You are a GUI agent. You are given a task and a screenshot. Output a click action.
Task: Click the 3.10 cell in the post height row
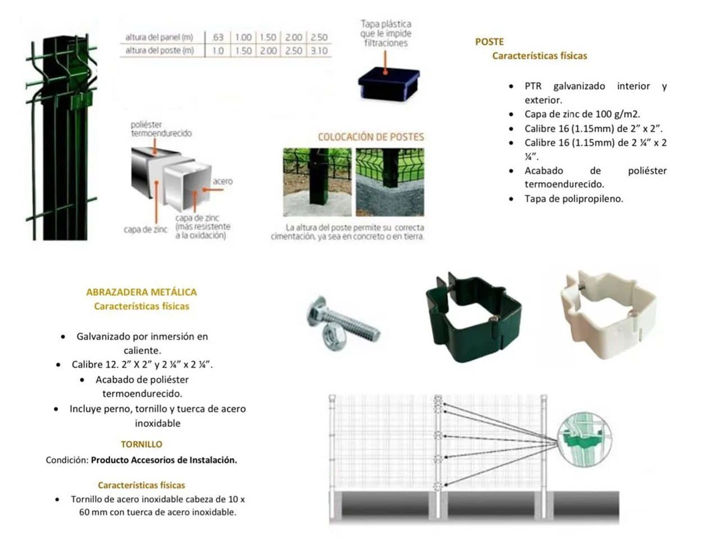pos(319,51)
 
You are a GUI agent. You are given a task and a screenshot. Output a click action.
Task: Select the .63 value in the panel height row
pos(217,38)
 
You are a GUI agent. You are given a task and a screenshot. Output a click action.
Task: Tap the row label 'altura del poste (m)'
pos(160,51)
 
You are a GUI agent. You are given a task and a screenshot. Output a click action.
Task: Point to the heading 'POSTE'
pos(489,42)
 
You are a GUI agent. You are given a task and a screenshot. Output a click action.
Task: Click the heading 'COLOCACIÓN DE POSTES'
pos(371,137)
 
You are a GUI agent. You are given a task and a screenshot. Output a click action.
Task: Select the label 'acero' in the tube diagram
pos(223,181)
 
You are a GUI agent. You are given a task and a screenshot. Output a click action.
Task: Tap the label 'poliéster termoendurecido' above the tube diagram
pos(161,129)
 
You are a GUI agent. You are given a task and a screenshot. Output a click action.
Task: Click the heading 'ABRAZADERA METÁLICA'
pos(141,292)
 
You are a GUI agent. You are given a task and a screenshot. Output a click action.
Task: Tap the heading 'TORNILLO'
pos(141,444)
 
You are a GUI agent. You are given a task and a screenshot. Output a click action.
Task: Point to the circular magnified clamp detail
pos(584,439)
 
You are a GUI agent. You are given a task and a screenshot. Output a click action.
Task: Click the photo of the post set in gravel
pos(317,182)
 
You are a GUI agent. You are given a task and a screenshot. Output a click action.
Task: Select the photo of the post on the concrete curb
pos(389,182)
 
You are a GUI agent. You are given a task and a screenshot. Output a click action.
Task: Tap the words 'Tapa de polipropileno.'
pos(574,199)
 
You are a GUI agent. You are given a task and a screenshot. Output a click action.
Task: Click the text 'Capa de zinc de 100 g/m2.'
pos(582,114)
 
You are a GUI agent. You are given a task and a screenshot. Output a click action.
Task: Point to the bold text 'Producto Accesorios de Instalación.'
pos(164,460)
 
